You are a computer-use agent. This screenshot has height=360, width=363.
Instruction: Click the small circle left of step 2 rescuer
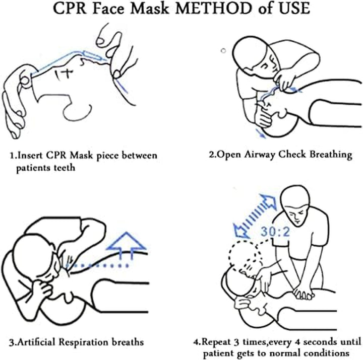click(x=223, y=49)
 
